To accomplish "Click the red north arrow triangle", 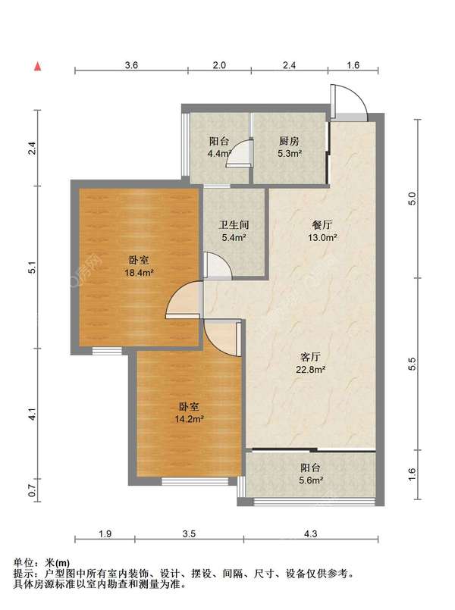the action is coord(37,67).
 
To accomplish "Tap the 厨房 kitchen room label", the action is coord(289,141).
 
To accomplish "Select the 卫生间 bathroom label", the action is coord(234,225).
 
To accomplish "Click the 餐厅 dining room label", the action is coord(322,225).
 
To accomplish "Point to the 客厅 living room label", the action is coord(311,357).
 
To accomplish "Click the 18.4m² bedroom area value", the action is coord(139,273).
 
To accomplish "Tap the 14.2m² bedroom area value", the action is coord(190,419).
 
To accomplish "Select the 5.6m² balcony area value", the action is coord(311,480).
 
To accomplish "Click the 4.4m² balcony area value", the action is coord(220,153).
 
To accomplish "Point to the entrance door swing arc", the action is coord(360,97).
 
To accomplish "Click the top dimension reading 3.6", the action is coord(131,65).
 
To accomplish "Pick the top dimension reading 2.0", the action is coord(219,65).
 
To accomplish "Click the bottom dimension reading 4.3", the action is coord(311,533).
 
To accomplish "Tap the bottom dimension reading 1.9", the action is coord(105,533).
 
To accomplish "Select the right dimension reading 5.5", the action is coord(413,364).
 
